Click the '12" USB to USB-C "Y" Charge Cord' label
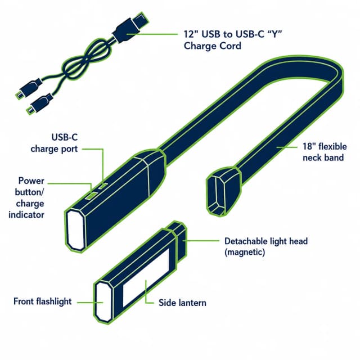tap(232, 40)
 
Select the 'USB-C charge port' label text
tap(55, 143)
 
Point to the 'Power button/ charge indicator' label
tap(26, 197)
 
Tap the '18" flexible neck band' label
tap(325, 152)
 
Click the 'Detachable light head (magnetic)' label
tap(266, 246)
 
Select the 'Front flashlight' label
tap(43, 301)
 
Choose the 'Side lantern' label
tap(182, 303)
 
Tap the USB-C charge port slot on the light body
tap(103, 186)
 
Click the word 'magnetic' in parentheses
tap(245, 253)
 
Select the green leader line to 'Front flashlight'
tap(90, 303)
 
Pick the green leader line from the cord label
tap(152, 34)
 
